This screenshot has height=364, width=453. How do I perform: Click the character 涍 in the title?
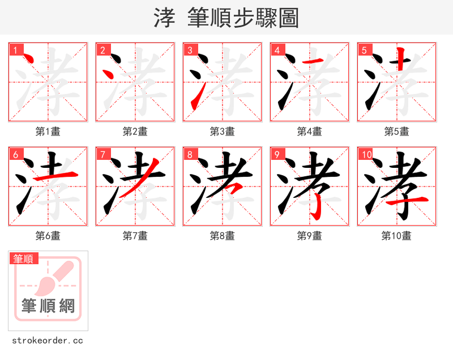coord(164,18)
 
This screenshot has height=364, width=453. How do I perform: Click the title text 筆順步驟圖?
coord(239,18)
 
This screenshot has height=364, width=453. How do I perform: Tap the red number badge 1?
coord(15,50)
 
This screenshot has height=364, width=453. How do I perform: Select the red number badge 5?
coord(364,50)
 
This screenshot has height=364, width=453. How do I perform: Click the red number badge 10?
coord(366,154)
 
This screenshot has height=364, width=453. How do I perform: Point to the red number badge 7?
coord(102,154)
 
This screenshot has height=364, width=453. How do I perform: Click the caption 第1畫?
coord(48,132)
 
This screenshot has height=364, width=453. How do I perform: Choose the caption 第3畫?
coord(223,132)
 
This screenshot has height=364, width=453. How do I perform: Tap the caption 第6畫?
coord(48,236)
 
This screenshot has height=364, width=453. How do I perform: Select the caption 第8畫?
coord(223,236)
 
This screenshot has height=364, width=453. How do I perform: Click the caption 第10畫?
coord(396,236)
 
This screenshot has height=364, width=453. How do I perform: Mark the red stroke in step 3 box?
coord(195,99)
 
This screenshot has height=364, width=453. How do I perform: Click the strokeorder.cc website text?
coord(48,341)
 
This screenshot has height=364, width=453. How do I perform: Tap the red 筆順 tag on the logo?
coord(24,259)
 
